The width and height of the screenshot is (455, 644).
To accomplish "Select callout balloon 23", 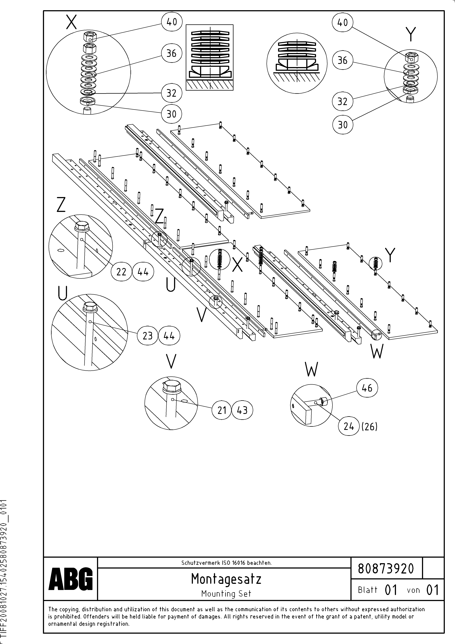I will click(x=147, y=336).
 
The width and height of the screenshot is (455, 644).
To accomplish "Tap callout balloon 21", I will click(x=222, y=410).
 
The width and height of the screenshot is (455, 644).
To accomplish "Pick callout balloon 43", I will click(x=242, y=410).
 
